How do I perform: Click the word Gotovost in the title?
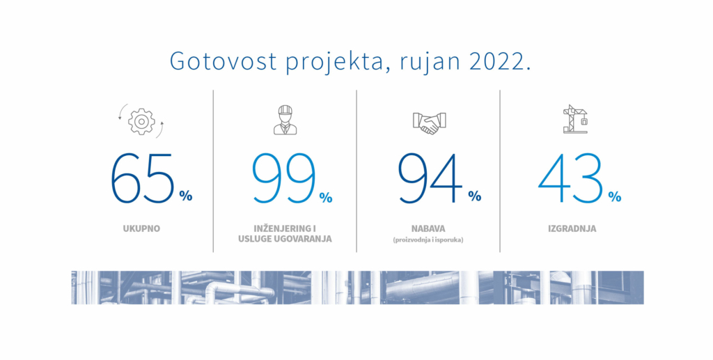click(x=224, y=61)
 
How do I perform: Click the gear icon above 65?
click(x=141, y=121)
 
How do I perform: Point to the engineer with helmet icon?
click(x=285, y=120)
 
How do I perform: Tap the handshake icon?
click(x=429, y=123)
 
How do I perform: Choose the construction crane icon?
click(x=575, y=119)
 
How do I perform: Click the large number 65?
click(x=143, y=178)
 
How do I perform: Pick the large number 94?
click(x=430, y=178)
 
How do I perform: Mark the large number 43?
click(x=571, y=178)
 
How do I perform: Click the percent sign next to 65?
click(x=185, y=196)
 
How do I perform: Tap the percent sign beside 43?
click(x=614, y=196)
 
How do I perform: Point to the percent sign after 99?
click(x=326, y=197)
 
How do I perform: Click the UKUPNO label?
click(x=141, y=228)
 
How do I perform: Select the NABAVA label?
click(x=428, y=228)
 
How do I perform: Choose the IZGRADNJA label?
click(x=572, y=228)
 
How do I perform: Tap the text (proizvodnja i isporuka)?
click(x=428, y=240)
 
